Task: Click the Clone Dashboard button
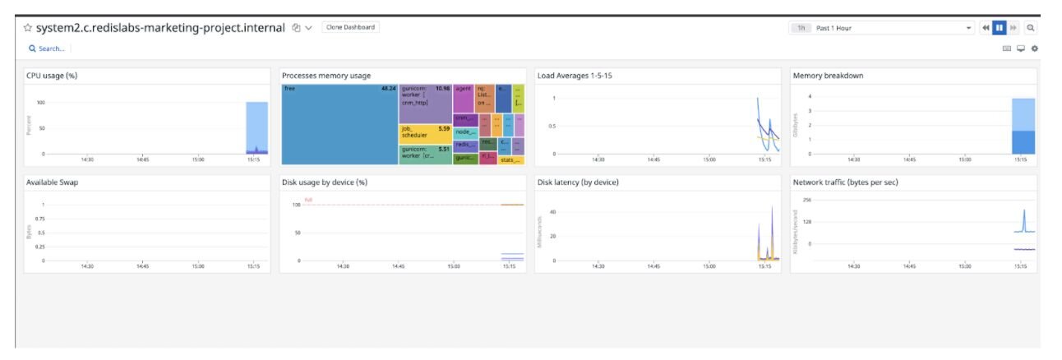[x=350, y=27]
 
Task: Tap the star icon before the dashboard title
[x=27, y=27]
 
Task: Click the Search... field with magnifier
[x=47, y=48]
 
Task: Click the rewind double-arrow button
[x=985, y=28]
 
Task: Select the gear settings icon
[x=1034, y=48]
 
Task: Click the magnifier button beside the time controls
[x=1029, y=28]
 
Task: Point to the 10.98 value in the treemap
[x=442, y=88]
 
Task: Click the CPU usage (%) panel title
[x=52, y=76]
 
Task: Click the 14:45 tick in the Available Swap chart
[x=142, y=266]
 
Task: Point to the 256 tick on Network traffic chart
[x=806, y=200]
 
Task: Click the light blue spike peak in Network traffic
[x=1023, y=210]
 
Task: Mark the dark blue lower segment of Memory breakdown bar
[x=1023, y=142]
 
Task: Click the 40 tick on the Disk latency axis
[x=553, y=212]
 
